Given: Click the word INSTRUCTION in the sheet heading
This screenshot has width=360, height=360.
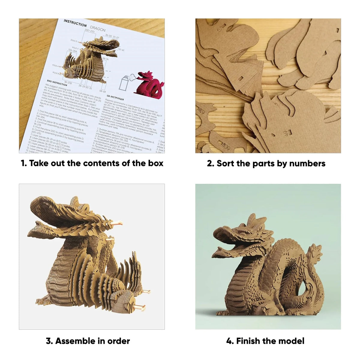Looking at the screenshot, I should (75, 23).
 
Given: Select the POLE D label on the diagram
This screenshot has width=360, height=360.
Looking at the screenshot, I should (74, 40).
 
